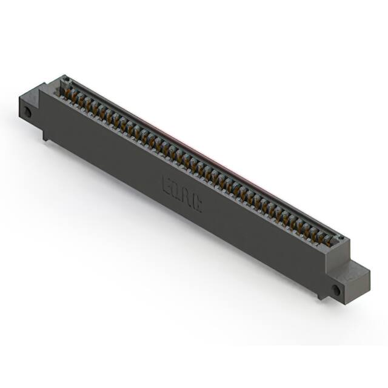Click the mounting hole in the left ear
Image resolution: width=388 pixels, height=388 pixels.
point(27,113)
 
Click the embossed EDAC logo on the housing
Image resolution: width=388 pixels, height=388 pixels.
point(182,193)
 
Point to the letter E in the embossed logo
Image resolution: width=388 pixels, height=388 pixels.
point(168,185)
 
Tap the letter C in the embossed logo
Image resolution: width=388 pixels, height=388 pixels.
point(197,202)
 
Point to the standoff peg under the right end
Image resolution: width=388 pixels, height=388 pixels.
point(319,296)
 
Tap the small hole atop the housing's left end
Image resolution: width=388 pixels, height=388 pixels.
point(64,80)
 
